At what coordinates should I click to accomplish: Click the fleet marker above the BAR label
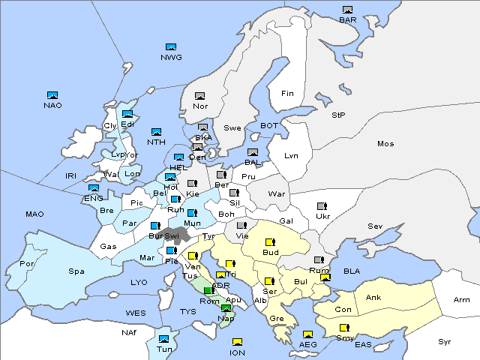(347, 10)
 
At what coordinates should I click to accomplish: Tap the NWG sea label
(171, 57)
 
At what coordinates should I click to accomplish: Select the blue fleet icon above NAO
(52, 95)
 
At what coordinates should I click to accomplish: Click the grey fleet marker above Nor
(199, 96)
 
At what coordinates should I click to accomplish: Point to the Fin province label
(286, 94)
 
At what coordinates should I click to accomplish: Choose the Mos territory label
(385, 143)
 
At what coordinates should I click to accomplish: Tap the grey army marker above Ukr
(322, 206)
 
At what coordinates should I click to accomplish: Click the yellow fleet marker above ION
(237, 343)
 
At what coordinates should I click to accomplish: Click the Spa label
(76, 271)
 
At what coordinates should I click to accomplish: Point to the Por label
(27, 264)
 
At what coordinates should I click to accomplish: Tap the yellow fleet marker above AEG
(307, 334)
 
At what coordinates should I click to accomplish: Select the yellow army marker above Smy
(344, 328)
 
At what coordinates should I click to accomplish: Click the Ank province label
(373, 298)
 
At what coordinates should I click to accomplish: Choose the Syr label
(445, 341)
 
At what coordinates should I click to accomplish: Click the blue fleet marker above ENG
(94, 188)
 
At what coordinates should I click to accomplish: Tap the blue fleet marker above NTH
(156, 132)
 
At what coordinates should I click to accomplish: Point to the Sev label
(375, 226)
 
